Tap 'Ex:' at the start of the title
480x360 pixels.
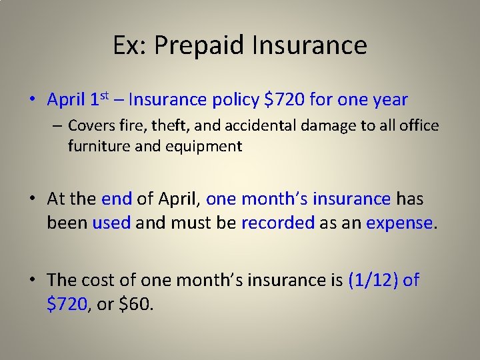[131, 45]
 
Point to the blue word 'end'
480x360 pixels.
[117, 199]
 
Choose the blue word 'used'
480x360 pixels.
[111, 223]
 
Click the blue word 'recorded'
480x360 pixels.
[277, 223]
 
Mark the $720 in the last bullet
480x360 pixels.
[67, 304]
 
